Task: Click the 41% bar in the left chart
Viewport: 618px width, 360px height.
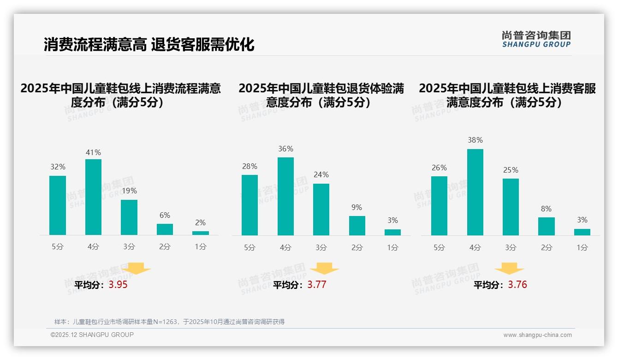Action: point(93,197)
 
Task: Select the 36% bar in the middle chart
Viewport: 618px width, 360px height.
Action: point(285,196)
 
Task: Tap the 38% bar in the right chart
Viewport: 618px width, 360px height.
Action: point(475,192)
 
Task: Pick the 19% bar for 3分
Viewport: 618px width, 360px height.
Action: point(129,217)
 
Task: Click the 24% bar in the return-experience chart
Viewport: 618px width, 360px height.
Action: point(321,210)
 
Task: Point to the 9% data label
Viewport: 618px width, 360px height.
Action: point(357,208)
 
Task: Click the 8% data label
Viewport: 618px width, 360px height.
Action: point(546,209)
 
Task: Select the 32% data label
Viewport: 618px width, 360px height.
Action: point(58,167)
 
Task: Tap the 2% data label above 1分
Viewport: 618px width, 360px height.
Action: point(200,223)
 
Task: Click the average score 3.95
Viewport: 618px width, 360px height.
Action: point(118,285)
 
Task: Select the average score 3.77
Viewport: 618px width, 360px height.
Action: point(317,285)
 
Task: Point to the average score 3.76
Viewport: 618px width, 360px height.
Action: point(517,285)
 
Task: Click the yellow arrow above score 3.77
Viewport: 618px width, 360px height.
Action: point(324,269)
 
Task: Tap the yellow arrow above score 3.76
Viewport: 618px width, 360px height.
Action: point(509,269)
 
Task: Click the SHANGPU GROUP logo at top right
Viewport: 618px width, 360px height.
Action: point(536,39)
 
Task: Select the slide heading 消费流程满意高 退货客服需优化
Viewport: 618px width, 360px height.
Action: point(149,45)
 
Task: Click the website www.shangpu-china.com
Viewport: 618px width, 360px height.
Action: point(537,335)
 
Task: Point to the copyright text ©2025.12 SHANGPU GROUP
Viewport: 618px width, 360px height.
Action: point(92,335)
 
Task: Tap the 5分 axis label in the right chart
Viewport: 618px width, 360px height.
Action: point(439,248)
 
